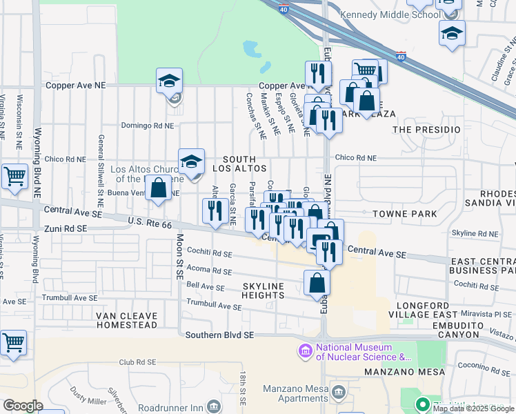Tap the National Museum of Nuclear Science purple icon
point(305,352)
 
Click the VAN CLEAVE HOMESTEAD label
point(128,320)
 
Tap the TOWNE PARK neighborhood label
point(404,214)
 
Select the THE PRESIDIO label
point(426,130)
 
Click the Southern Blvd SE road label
point(220,335)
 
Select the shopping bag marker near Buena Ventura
point(159,188)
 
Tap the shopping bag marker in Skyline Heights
point(317,283)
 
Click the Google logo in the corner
point(23,406)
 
